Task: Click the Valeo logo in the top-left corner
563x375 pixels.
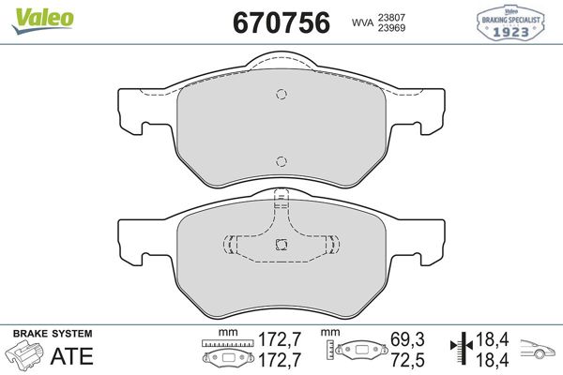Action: click(x=42, y=21)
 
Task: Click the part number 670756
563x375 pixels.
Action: click(x=281, y=22)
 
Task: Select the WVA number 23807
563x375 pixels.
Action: click(x=391, y=17)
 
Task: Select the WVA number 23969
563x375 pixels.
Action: click(x=391, y=27)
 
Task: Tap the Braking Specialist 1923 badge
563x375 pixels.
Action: click(x=510, y=22)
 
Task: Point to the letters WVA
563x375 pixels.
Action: click(x=362, y=22)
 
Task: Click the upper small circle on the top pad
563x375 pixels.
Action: click(x=281, y=94)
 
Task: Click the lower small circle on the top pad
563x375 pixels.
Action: click(x=281, y=161)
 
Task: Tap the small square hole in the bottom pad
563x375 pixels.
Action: click(x=281, y=245)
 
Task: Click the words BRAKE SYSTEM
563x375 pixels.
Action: click(x=53, y=334)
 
